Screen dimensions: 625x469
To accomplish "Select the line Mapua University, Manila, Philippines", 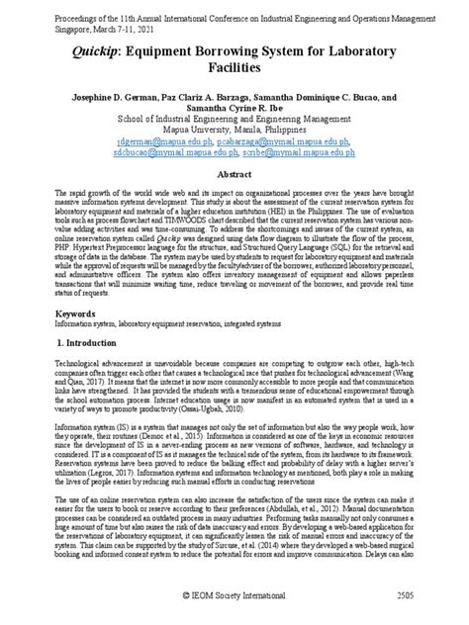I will click(234, 130).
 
